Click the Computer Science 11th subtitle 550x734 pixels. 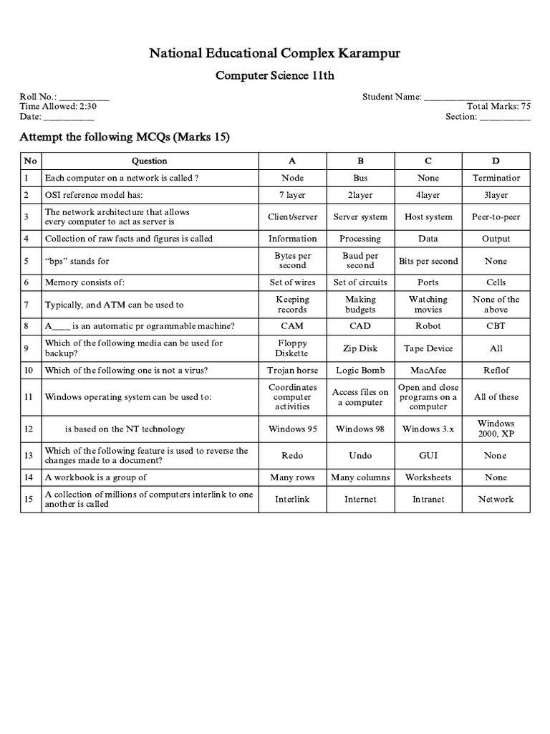(x=274, y=77)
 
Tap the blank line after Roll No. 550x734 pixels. (x=84, y=97)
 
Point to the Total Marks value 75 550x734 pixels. (x=526, y=106)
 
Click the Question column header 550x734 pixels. (x=149, y=161)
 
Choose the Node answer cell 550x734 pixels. (x=292, y=178)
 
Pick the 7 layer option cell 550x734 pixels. (x=292, y=195)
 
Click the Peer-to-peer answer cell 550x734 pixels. (x=496, y=216)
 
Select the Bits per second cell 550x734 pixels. (x=428, y=261)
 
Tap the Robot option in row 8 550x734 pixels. (x=428, y=325)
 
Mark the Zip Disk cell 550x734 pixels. (x=360, y=348)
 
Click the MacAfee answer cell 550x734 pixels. (x=428, y=370)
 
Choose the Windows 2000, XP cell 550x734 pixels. (x=496, y=429)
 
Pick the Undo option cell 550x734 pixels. (x=360, y=455)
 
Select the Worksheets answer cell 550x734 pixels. (x=428, y=477)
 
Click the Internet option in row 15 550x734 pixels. (x=360, y=499)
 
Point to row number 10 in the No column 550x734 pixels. (x=29, y=370)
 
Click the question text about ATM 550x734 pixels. (x=115, y=305)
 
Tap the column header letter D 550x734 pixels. (x=496, y=161)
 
